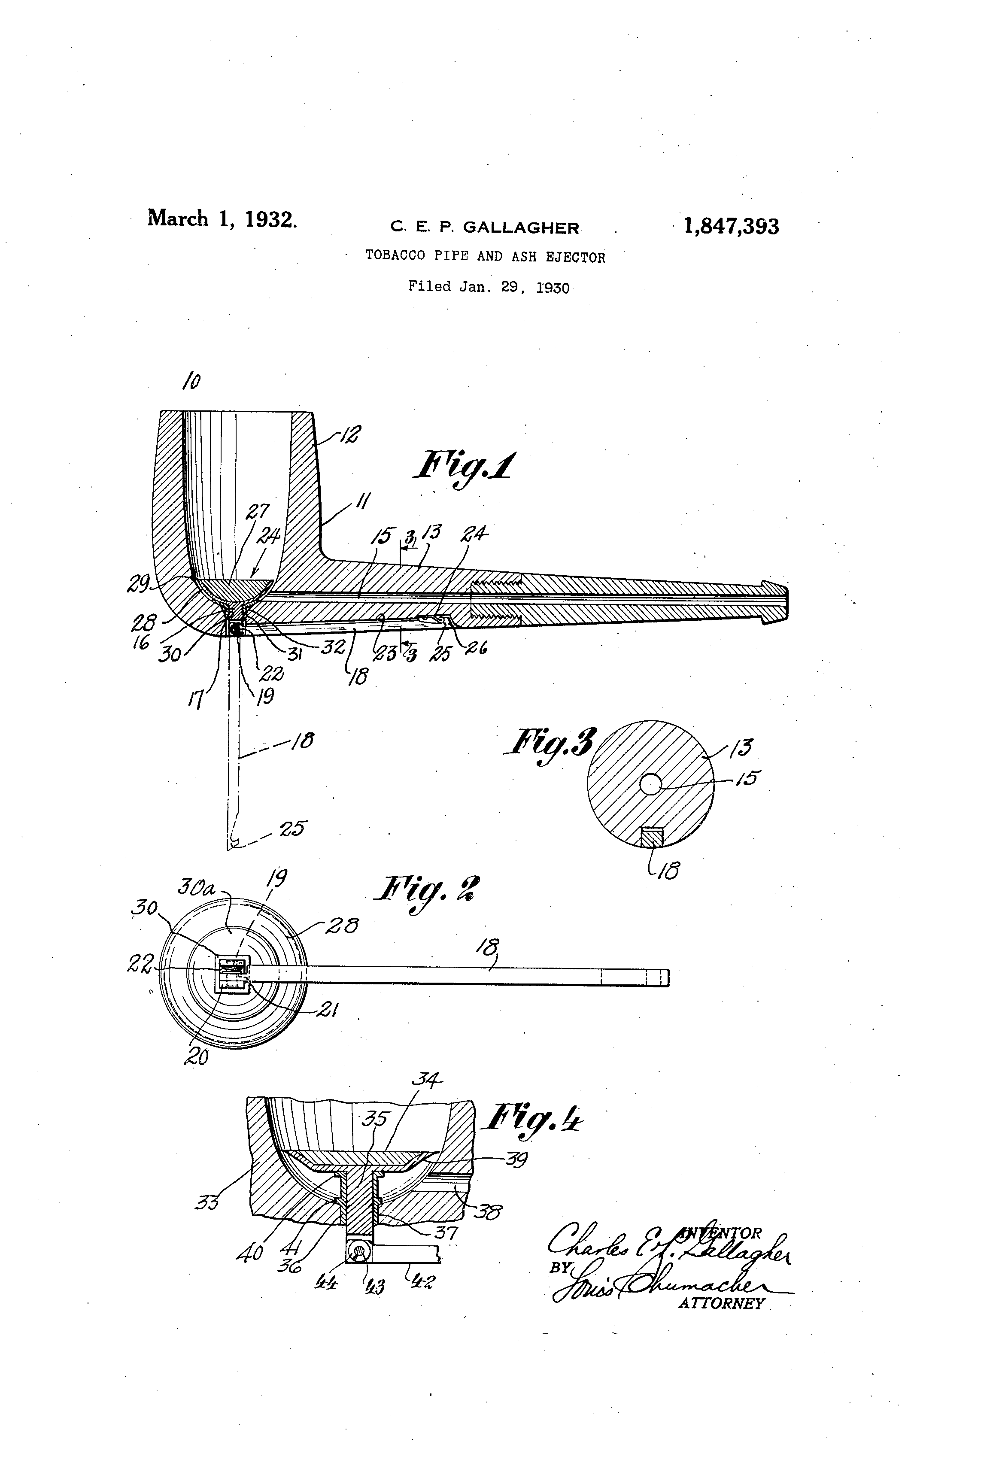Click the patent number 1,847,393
[731, 227]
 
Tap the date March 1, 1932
[222, 219]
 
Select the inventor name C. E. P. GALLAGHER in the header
[484, 228]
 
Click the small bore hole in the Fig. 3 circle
[651, 784]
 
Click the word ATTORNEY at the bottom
[721, 1304]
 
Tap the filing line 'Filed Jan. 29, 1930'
[489, 287]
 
